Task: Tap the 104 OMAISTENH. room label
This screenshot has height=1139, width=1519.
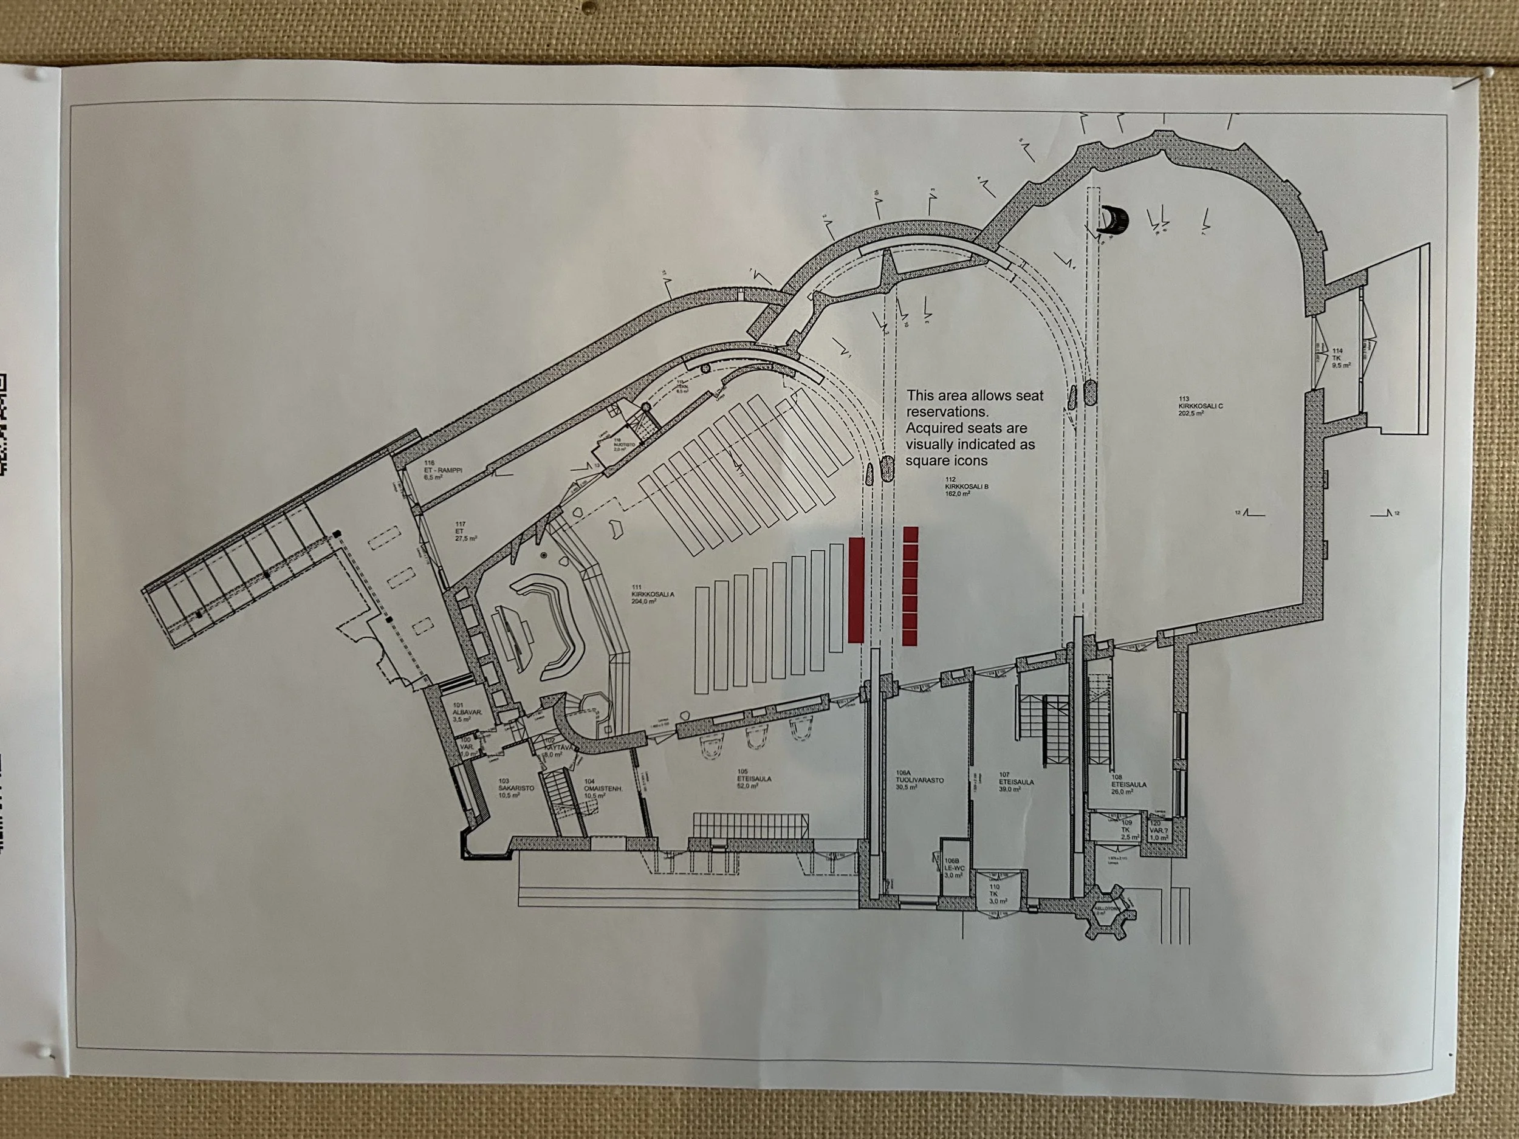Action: tap(602, 787)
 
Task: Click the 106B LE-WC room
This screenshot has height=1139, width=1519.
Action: tap(955, 868)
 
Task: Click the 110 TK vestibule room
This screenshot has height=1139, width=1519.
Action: tap(995, 893)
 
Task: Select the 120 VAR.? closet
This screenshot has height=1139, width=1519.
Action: tap(1159, 831)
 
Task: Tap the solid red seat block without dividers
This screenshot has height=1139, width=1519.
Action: tap(856, 590)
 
